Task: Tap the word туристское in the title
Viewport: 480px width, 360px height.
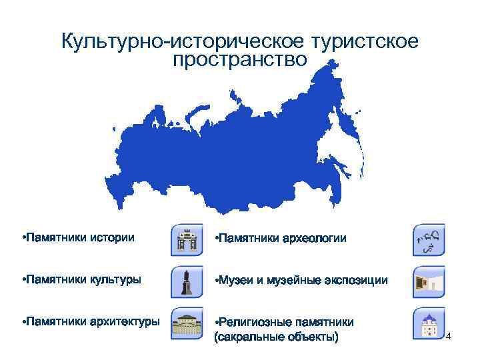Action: click(x=363, y=41)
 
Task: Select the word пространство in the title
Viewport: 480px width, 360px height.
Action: click(x=240, y=60)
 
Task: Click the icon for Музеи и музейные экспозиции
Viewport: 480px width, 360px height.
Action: click(x=429, y=281)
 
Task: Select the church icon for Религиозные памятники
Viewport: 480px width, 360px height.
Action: click(x=429, y=323)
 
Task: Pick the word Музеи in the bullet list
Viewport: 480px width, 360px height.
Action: click(x=237, y=280)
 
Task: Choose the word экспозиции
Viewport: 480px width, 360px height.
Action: click(x=354, y=280)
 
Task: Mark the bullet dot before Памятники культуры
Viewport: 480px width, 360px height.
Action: click(x=23, y=279)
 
